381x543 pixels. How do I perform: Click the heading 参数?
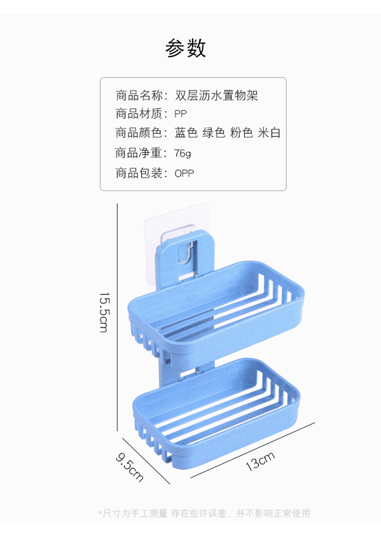pyautogui.click(x=185, y=48)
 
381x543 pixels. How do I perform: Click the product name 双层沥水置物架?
pyautogui.click(x=216, y=95)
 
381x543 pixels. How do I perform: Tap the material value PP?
pyautogui.click(x=180, y=114)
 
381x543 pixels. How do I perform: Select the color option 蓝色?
pyautogui.click(x=185, y=134)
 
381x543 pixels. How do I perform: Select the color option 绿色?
pyautogui.click(x=213, y=134)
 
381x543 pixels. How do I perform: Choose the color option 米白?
pyautogui.click(x=269, y=134)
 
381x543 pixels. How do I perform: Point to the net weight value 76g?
pyautogui.click(x=182, y=153)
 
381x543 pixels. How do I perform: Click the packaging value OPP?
pyautogui.click(x=184, y=173)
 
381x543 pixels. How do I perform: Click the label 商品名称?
pyautogui.click(x=138, y=95)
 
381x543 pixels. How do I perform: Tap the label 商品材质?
pyautogui.click(x=138, y=114)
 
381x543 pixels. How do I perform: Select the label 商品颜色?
pyautogui.click(x=138, y=134)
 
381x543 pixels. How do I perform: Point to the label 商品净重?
pyautogui.click(x=138, y=153)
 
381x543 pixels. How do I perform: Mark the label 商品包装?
pyautogui.click(x=138, y=173)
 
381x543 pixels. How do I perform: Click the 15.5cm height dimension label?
pyautogui.click(x=104, y=312)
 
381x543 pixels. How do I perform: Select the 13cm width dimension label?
pyautogui.click(x=260, y=461)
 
